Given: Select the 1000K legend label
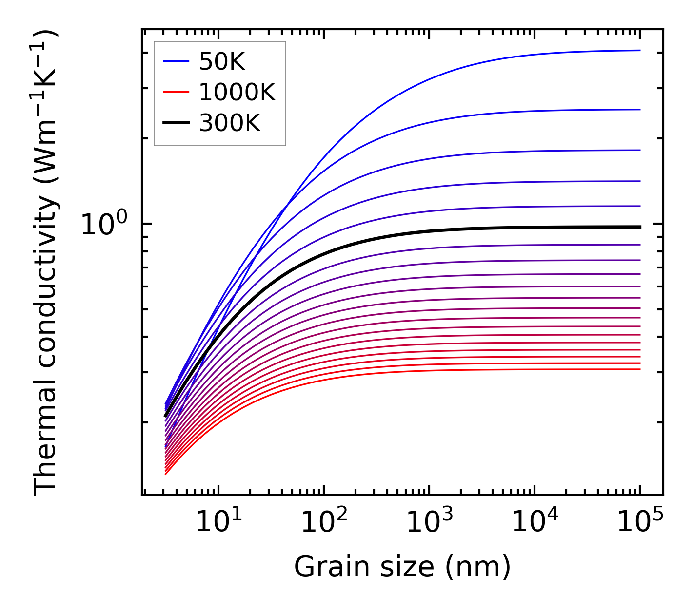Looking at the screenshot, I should pyautogui.click(x=237, y=92).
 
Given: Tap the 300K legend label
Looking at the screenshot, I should pyautogui.click(x=230, y=123).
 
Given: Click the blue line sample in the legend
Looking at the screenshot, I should pyautogui.click(x=176, y=61).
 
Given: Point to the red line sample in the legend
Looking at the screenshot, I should pyautogui.click(x=176, y=92).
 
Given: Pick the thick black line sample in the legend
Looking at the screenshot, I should pyautogui.click(x=176, y=123).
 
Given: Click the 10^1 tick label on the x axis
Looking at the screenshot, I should pyautogui.click(x=218, y=522).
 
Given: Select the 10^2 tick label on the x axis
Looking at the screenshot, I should pyautogui.click(x=324, y=522).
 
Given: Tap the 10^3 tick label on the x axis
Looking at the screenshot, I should pyautogui.click(x=429, y=522).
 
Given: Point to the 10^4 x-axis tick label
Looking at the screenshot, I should pyautogui.click(x=535, y=522).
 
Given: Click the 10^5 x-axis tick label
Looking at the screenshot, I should pyautogui.click(x=640, y=522).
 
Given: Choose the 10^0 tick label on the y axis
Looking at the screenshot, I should pyautogui.click(x=103, y=225).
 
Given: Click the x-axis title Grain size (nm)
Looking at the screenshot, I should pyautogui.click(x=402, y=567).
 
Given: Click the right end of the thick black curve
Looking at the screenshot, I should pyautogui.click(x=639, y=227).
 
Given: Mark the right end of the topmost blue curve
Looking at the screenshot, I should pyautogui.click(x=639, y=50).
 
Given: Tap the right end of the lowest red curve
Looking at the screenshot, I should pyautogui.click(x=639, y=369).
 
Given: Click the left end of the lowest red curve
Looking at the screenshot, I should pyautogui.click(x=166, y=474).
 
